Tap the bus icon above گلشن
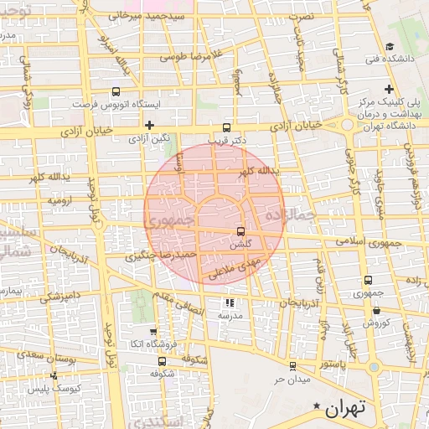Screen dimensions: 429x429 (x=241, y=230)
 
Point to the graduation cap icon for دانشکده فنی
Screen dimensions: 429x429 (x=390, y=47)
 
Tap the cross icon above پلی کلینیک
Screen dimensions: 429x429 (x=389, y=89)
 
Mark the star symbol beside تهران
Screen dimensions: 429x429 (x=317, y=407)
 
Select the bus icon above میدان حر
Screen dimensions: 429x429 (x=292, y=366)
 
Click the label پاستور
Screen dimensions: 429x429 (x=333, y=364)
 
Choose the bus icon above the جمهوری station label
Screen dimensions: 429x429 (x=368, y=281)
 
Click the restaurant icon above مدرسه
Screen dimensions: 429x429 (x=230, y=303)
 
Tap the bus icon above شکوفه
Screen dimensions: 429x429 (x=162, y=361)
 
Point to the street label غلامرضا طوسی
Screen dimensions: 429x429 (x=178, y=58)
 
